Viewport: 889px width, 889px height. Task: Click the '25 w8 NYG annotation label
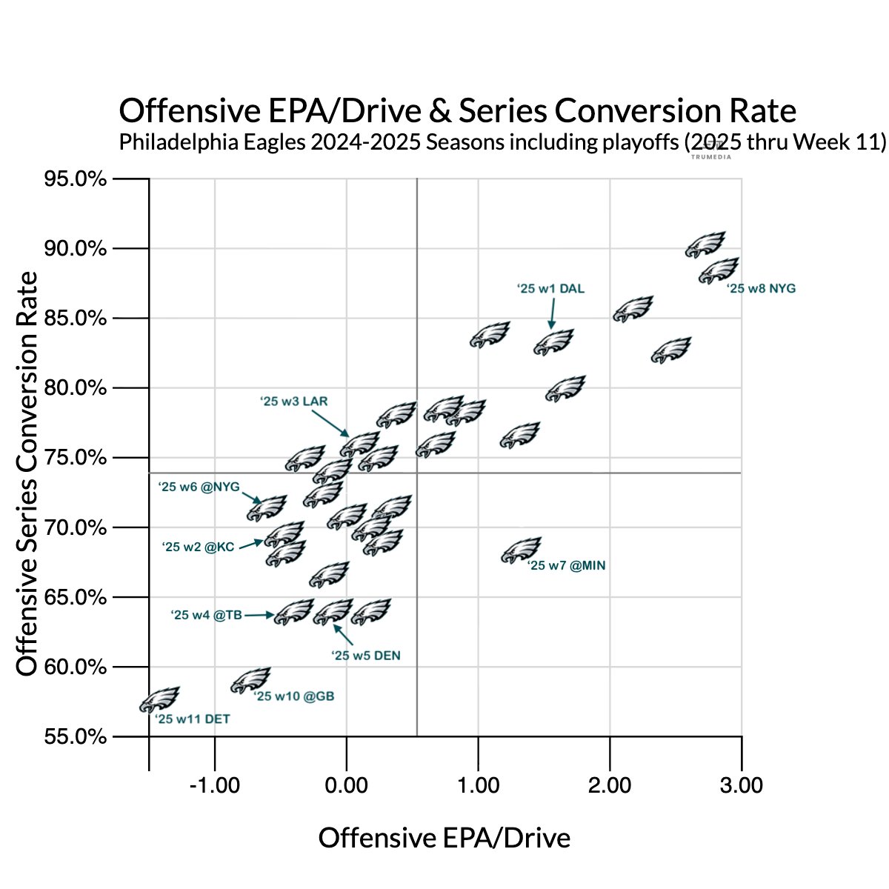[761, 289]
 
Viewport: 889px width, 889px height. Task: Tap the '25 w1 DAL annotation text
[550, 289]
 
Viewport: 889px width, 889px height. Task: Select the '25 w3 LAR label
[293, 402]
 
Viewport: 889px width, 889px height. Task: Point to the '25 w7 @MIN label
[566, 566]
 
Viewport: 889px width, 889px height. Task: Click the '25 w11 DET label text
[192, 719]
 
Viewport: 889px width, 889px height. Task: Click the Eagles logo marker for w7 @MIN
[522, 550]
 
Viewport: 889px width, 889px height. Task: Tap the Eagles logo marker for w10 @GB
[251, 679]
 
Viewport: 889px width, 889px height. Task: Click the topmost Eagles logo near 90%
[705, 244]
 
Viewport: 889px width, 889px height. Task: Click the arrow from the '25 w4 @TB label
[259, 615]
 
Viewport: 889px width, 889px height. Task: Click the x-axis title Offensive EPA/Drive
[444, 838]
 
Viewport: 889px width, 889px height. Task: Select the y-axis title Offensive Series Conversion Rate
[27, 474]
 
